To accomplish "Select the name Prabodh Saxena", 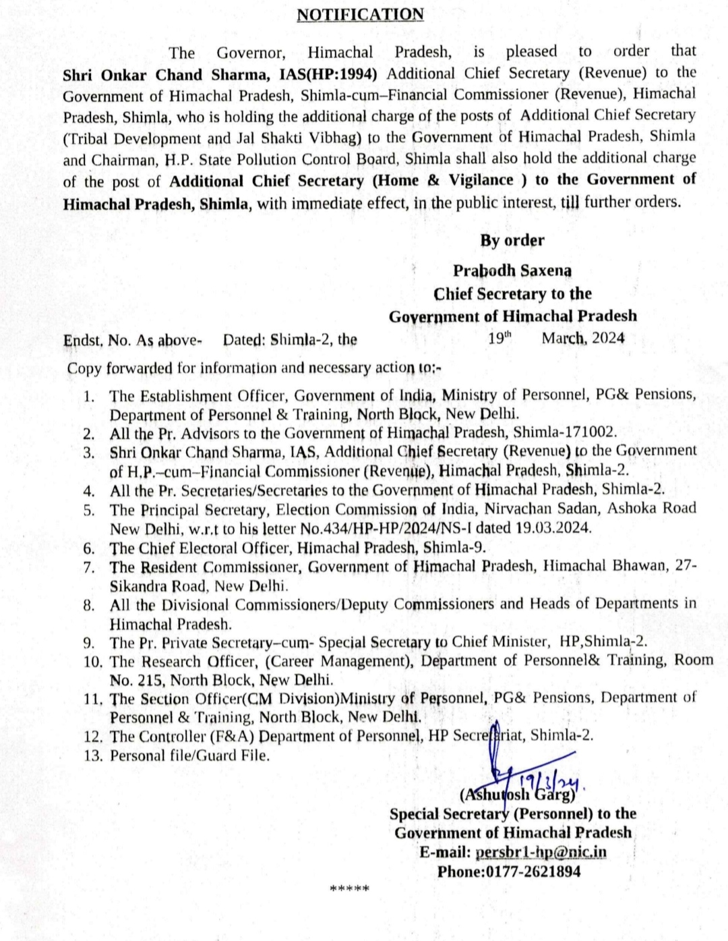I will [512, 270].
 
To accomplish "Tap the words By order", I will [512, 240].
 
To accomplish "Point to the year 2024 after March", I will [608, 338].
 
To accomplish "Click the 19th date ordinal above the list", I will [499, 337].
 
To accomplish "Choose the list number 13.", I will [92, 755].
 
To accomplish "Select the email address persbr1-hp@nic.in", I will [541, 852].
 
